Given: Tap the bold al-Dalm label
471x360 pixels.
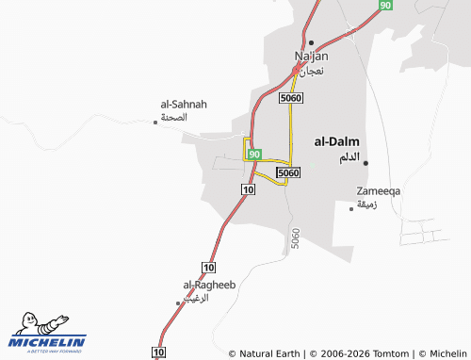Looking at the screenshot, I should coord(336,141).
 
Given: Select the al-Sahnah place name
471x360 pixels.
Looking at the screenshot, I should coord(184,104).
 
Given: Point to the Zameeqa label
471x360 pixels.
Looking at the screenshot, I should coord(378,191).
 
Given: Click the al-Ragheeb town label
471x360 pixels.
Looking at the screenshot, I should coord(208,285).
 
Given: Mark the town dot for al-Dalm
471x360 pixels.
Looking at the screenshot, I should coord(365,163).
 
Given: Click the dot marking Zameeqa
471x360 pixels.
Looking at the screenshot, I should coord(351,208).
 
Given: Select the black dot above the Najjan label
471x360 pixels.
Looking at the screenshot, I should coord(310,42).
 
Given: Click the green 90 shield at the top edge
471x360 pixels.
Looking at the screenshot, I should coord(385,6).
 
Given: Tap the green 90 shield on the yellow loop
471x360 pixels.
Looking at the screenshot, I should coord(254,154).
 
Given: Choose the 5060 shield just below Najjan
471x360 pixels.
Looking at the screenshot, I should coord(290,98).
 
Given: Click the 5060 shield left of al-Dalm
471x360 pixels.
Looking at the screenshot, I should coord(289,172).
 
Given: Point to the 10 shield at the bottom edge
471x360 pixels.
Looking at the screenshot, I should coord(158,352).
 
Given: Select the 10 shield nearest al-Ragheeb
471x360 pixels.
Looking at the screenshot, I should coord(209,268).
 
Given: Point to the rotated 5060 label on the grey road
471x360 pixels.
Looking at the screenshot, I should coord(296,239).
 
